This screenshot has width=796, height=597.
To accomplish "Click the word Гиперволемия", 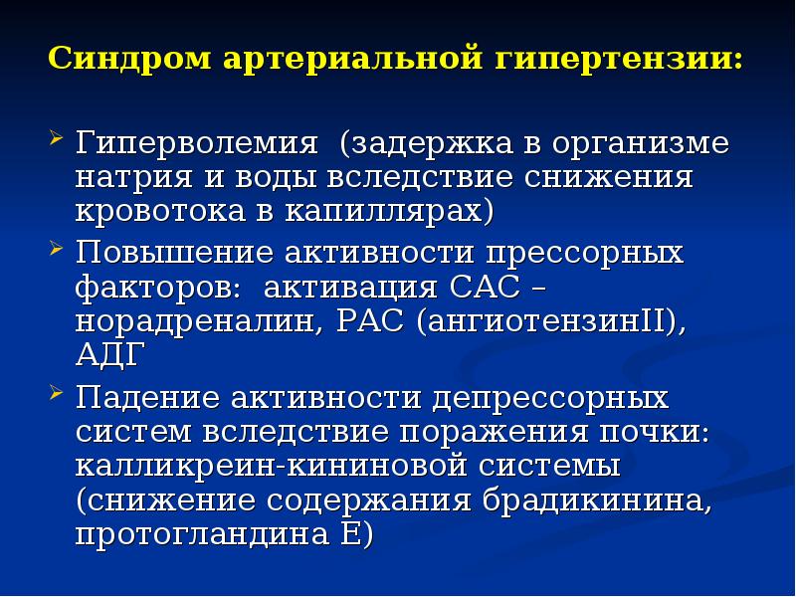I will tap(198, 144).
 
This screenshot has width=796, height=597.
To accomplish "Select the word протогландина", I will tap(195, 534).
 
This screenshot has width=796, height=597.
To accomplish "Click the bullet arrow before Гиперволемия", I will tap(58, 133).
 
